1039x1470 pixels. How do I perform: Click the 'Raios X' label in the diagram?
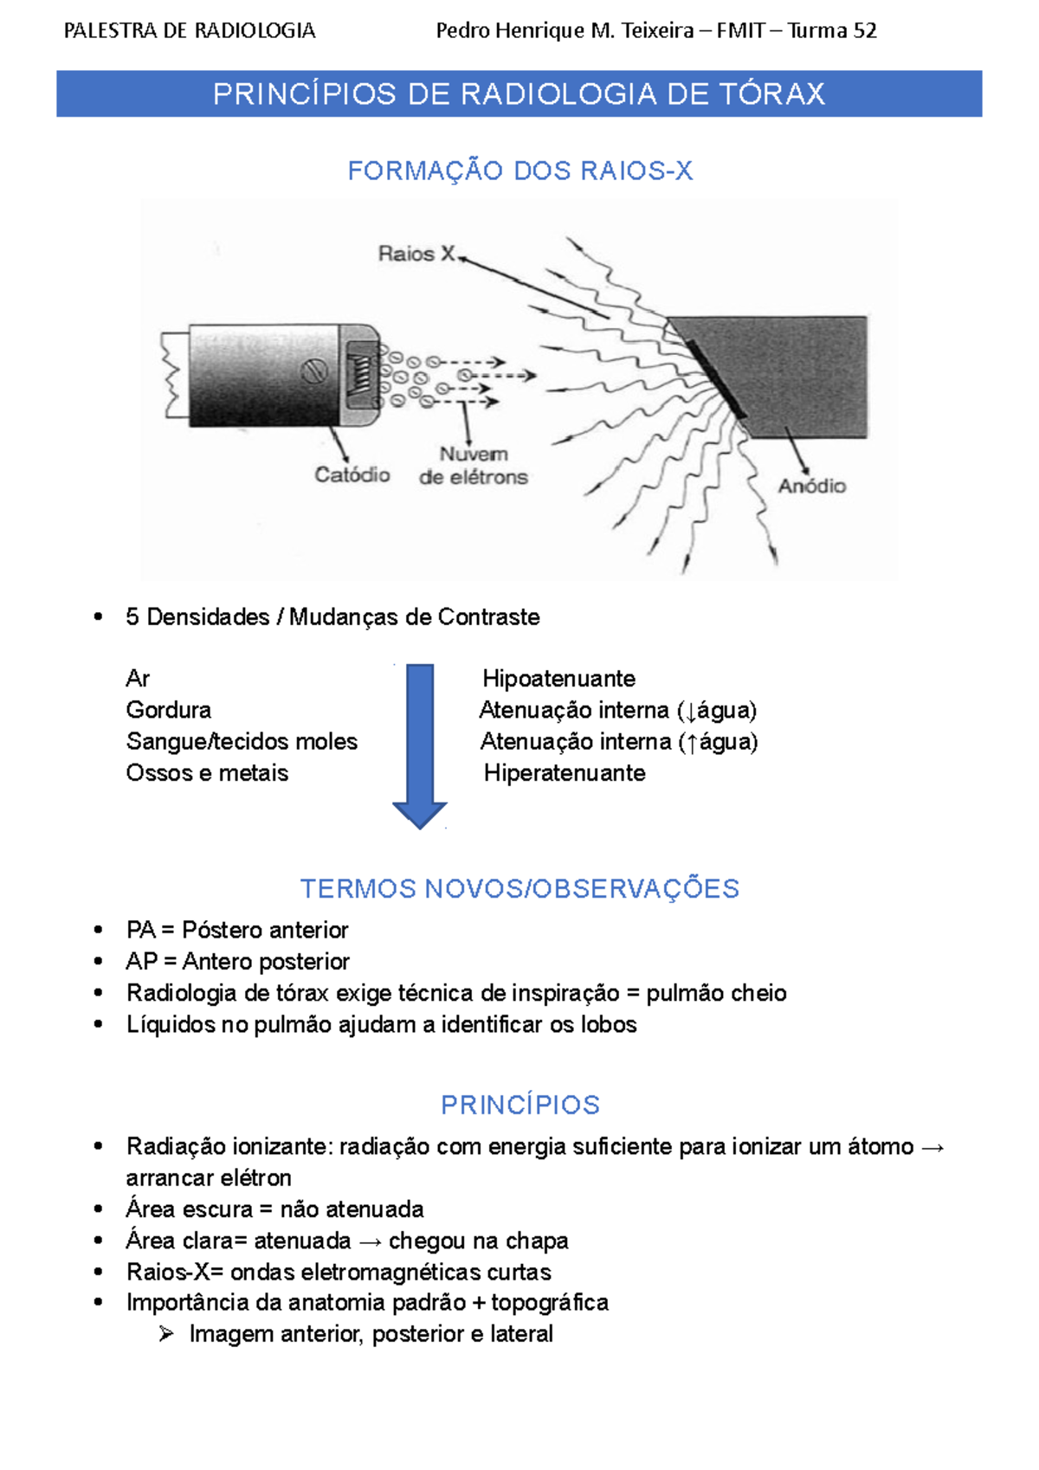[416, 254]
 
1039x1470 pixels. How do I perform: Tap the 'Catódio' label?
[352, 474]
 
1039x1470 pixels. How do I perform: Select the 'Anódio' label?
[811, 486]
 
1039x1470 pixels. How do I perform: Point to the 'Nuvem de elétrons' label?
[473, 466]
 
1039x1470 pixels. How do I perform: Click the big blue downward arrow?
[420, 745]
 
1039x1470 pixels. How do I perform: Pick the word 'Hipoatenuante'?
[558, 679]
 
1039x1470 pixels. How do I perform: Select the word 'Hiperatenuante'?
[565, 773]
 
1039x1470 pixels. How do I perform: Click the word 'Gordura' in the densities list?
[169, 710]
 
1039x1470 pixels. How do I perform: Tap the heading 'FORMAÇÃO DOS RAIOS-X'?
[519, 171]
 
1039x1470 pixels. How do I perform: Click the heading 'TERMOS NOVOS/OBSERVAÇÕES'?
[519, 889]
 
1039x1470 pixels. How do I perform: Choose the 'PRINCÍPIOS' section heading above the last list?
[519, 1105]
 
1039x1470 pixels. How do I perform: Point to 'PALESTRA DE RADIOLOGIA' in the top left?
[190, 31]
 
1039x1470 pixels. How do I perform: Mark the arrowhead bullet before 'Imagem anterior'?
[166, 1334]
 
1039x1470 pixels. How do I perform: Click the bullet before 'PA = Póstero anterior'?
[99, 931]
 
